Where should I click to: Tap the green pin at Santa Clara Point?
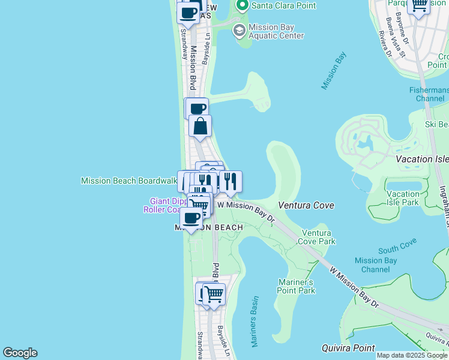coord(243,6)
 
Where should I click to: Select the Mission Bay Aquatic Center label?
coord(276,31)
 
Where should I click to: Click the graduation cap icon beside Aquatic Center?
coord(239,31)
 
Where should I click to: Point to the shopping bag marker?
coord(200,126)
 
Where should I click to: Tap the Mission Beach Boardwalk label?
coord(128,180)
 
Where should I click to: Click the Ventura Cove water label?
coord(306,205)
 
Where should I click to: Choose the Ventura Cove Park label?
coord(318,237)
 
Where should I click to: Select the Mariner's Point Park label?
coord(297,286)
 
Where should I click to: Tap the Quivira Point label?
coord(348,348)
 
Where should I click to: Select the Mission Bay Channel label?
coord(376,265)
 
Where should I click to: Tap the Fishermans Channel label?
coord(429,94)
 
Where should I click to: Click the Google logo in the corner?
coord(20,353)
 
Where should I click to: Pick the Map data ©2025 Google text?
coord(412,355)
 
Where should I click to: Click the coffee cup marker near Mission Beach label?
coord(191,218)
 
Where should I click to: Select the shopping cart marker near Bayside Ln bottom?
coord(214,295)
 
